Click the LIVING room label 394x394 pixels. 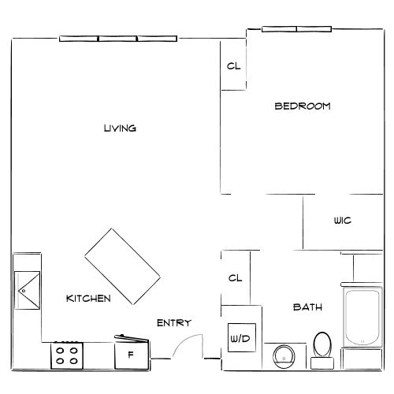(x=121, y=128)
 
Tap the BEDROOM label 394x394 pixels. (x=302, y=106)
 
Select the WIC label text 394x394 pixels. (x=342, y=221)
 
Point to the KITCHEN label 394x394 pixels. (x=87, y=298)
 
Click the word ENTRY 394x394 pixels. (x=173, y=322)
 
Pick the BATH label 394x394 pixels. (x=307, y=307)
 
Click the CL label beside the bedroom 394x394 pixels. (x=233, y=66)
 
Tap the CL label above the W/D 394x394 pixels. (x=234, y=278)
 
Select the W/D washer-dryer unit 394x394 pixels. (x=240, y=339)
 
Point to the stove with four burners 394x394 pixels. (x=67, y=355)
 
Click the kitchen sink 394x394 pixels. (x=27, y=291)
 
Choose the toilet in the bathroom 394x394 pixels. (x=322, y=345)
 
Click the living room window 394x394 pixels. (x=118, y=38)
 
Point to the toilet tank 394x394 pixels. (x=322, y=363)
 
